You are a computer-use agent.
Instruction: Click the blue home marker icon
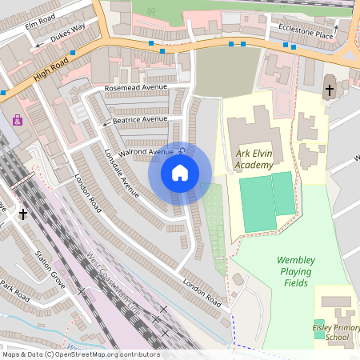pos(180,172)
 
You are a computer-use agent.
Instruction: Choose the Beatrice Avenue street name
pos(140,119)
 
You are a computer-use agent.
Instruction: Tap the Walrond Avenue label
pos(146,152)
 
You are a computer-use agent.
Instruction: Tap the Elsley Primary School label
pos(332,332)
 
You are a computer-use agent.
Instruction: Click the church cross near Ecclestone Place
pos(330,91)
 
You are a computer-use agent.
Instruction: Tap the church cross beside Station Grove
pos(23,214)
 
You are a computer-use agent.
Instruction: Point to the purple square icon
pos(18,121)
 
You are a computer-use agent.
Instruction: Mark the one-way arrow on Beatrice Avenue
pos(104,124)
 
